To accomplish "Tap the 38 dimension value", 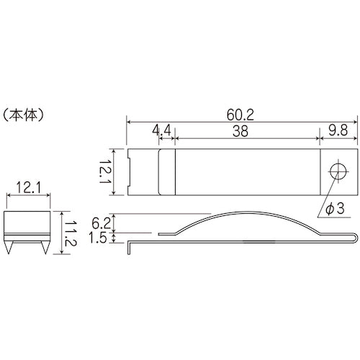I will tap(247, 130).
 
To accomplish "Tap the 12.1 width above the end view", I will tap(27, 189).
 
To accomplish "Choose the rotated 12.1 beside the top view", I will tap(106, 171).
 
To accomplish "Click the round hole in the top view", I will tap(337, 171).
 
